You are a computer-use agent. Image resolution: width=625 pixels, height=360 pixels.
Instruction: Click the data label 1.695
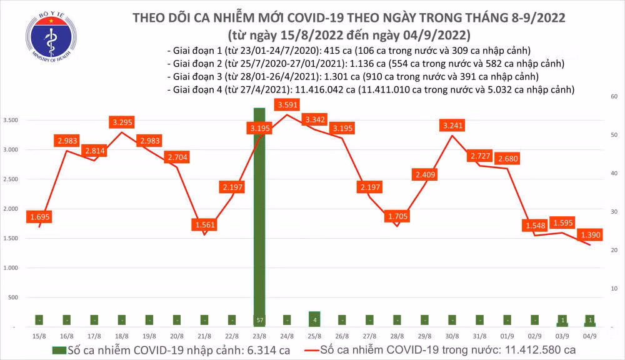(40, 217)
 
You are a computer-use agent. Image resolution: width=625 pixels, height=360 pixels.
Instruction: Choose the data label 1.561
(205, 225)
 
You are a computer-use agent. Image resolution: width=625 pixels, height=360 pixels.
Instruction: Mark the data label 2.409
(424, 175)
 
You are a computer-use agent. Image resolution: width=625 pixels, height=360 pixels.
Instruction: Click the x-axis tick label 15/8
(39, 336)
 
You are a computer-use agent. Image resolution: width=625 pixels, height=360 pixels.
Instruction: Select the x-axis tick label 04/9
(589, 336)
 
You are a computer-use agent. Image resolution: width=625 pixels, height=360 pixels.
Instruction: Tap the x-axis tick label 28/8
(397, 336)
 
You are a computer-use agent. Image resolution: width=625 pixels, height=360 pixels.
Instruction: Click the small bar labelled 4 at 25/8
(314, 319)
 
